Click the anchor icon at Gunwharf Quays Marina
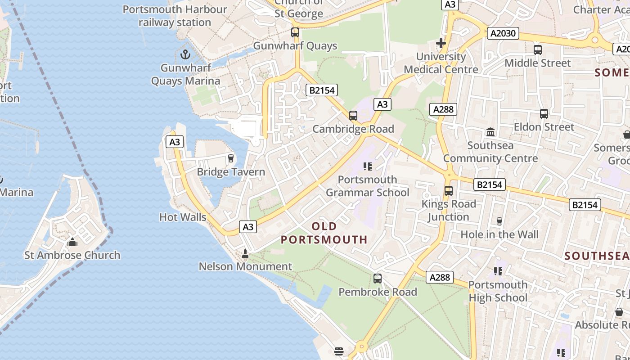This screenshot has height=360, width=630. (185, 55)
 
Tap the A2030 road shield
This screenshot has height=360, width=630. (503, 33)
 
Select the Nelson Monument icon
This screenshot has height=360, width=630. (245, 254)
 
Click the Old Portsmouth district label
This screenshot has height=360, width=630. (324, 233)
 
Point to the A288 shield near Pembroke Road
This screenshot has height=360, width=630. (439, 277)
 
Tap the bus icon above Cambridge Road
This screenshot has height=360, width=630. (353, 116)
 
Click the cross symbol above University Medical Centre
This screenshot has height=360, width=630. (441, 43)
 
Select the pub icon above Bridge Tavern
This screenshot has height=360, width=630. (231, 158)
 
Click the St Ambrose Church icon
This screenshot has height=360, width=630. (72, 243)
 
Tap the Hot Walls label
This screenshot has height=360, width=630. (183, 217)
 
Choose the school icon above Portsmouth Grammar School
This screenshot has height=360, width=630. (368, 166)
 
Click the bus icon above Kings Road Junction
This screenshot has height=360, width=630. (448, 191)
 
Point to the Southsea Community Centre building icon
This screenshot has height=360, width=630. (490, 132)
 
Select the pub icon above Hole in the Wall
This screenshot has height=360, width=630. (499, 221)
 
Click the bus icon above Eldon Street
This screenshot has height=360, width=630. (544, 114)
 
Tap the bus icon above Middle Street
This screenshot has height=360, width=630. (537, 50)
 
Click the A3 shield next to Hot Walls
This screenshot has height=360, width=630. (248, 227)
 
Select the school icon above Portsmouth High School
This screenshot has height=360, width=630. (498, 271)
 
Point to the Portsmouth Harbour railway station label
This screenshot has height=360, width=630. (175, 16)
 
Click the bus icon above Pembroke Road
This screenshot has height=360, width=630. (378, 279)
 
